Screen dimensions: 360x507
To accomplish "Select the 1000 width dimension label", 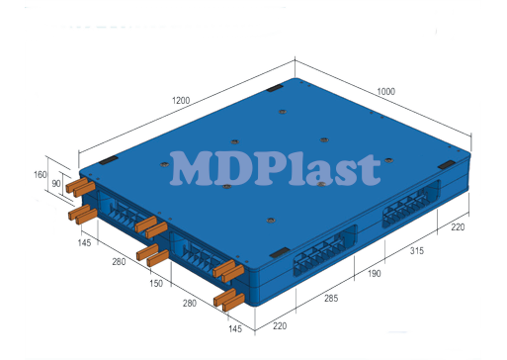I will (384, 92).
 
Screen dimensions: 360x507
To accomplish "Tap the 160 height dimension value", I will (41, 175).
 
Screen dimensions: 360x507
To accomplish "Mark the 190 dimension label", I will (375, 274).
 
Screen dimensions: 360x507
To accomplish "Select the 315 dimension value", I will (417, 251).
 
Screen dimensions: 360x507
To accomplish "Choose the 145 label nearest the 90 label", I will (85, 242).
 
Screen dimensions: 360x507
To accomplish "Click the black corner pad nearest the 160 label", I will (108, 159).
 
